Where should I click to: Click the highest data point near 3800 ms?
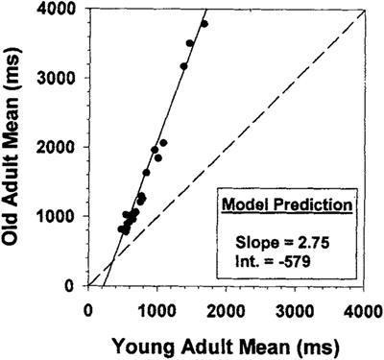204,24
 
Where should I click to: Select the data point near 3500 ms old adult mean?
190,43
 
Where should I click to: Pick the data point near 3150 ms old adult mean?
183,66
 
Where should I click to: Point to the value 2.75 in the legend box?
300,242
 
